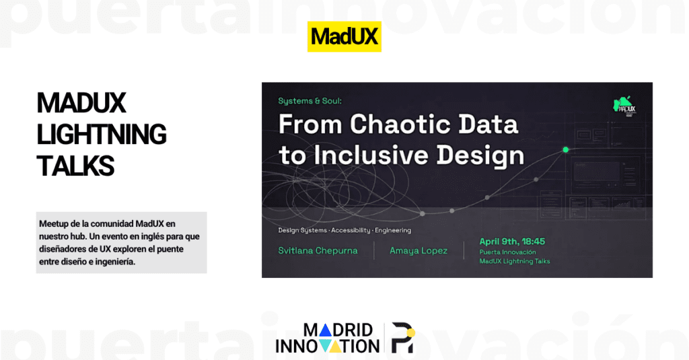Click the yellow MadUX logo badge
(x=344, y=37)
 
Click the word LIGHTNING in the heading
(x=102, y=135)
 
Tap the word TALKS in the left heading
(x=75, y=166)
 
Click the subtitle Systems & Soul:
(x=310, y=101)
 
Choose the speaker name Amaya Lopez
(x=419, y=251)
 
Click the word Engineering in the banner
(x=394, y=230)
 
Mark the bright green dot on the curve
(x=565, y=149)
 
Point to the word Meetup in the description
(x=54, y=223)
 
